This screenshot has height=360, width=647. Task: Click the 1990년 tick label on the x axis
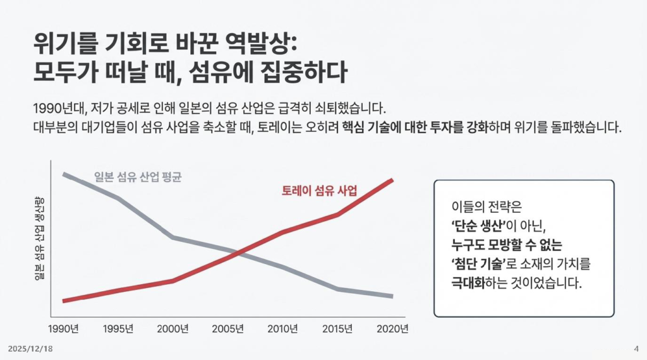pyautogui.click(x=64, y=329)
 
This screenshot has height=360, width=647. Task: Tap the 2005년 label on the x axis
pyautogui.click(x=227, y=329)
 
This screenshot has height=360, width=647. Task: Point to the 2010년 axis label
pyautogui.click(x=282, y=329)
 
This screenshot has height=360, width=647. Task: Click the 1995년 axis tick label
pyautogui.click(x=118, y=329)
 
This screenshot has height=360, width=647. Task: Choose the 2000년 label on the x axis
pyautogui.click(x=173, y=329)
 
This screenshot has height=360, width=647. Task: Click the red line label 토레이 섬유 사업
pyautogui.click(x=319, y=191)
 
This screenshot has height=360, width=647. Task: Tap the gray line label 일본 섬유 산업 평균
pyautogui.click(x=137, y=177)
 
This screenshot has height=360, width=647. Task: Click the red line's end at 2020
pyautogui.click(x=392, y=180)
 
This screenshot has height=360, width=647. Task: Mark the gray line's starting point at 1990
pyautogui.click(x=64, y=174)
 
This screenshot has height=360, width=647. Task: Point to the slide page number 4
pyautogui.click(x=635, y=349)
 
